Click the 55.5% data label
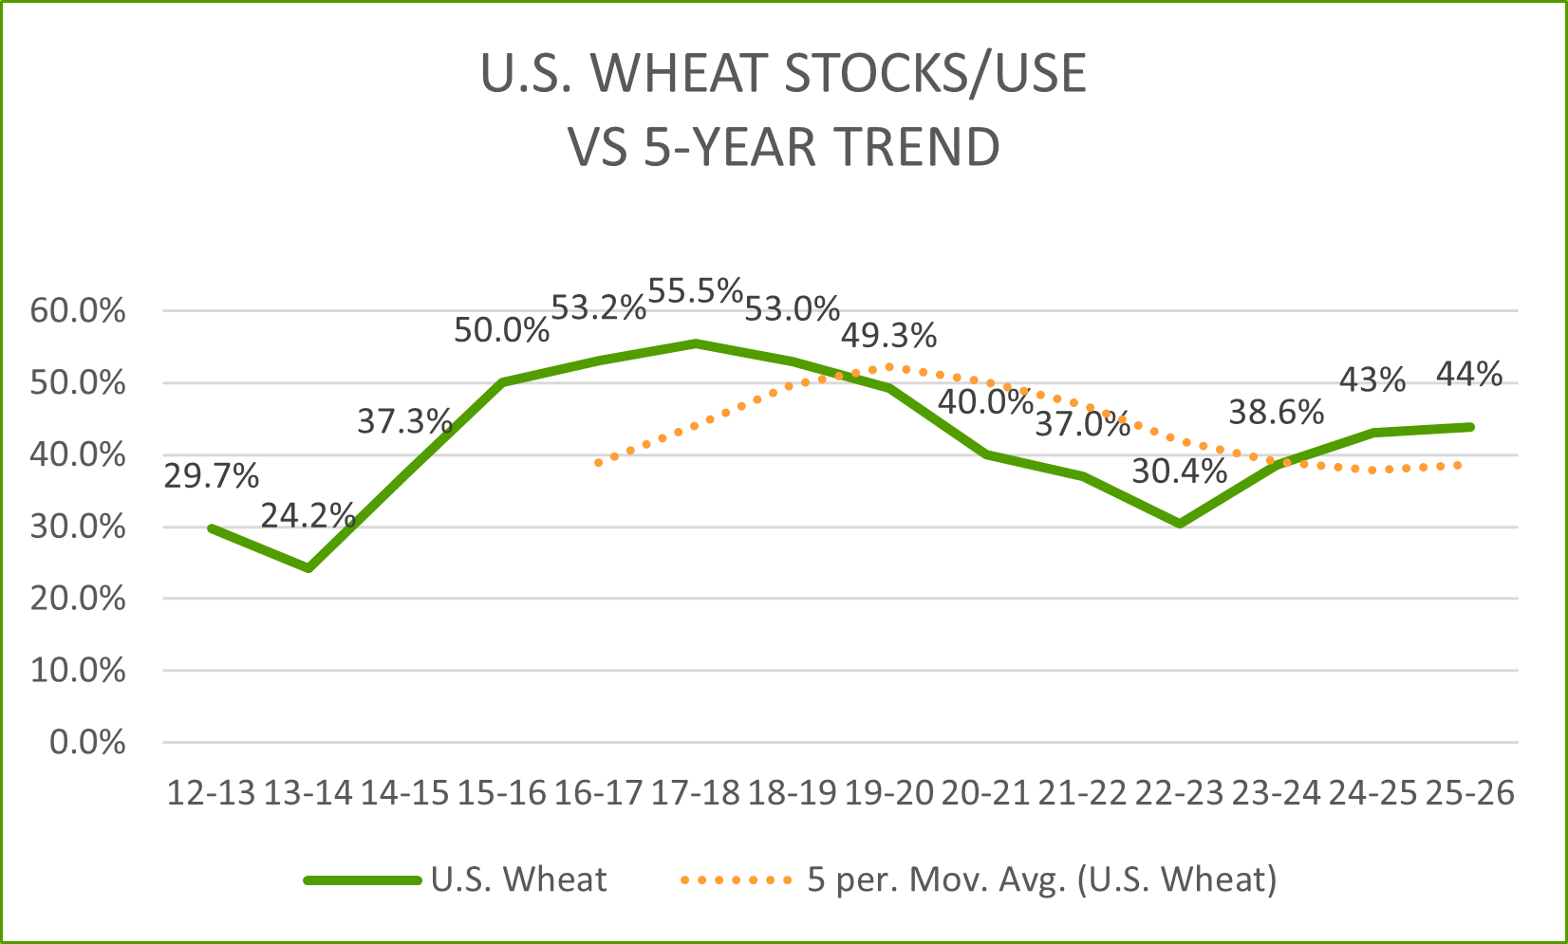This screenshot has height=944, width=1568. [696, 291]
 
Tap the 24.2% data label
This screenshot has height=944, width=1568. [308, 516]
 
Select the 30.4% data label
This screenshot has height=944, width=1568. [1180, 472]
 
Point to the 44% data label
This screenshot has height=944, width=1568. [1469, 375]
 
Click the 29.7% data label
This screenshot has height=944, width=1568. [212, 475]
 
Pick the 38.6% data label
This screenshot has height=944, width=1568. [1277, 412]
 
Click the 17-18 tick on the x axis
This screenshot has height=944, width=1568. [696, 792]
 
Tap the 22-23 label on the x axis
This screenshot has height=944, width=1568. [1180, 792]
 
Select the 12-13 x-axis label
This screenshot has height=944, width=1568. [212, 792]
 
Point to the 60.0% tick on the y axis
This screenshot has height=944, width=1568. [78, 310]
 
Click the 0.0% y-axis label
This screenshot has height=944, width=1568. [87, 742]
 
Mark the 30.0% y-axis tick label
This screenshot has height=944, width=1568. [78, 527]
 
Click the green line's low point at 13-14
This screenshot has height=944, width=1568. [308, 568]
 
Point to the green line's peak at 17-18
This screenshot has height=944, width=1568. [696, 343]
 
